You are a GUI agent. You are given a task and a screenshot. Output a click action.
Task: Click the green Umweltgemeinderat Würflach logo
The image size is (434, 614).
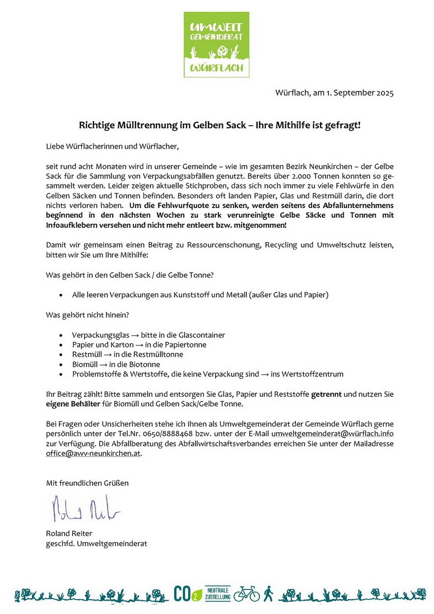(217, 44)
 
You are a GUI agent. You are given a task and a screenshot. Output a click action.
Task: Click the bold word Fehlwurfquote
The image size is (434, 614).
(169, 205)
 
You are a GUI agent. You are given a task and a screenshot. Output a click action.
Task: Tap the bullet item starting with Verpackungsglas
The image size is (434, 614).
(149, 335)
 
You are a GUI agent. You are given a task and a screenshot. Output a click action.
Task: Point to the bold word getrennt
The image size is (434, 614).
(326, 394)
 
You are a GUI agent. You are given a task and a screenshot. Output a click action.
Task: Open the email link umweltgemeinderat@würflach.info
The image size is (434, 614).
(332, 433)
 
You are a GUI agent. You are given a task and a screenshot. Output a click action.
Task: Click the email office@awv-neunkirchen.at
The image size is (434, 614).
(94, 453)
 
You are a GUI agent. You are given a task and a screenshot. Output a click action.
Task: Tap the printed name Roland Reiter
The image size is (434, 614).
(69, 533)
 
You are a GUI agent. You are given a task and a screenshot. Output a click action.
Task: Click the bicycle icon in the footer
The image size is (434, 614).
(246, 594)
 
